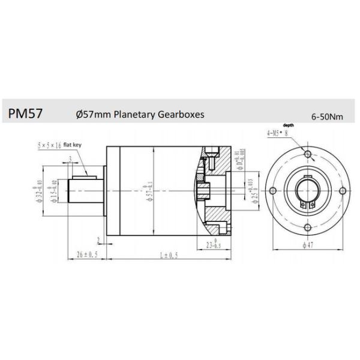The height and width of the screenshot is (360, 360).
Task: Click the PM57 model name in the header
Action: tap(25, 113)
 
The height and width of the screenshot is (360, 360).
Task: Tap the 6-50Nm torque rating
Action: tap(327, 117)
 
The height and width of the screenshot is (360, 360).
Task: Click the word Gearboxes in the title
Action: tap(178, 113)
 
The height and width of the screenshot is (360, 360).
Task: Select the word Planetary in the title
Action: tap(127, 113)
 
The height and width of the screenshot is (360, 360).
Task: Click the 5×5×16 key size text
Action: tap(49, 145)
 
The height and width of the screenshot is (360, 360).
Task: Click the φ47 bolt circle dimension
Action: tap(308, 245)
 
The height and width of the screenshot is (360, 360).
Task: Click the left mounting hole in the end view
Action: tap(273, 191)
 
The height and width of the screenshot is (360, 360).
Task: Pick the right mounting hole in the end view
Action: tap(343, 191)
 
